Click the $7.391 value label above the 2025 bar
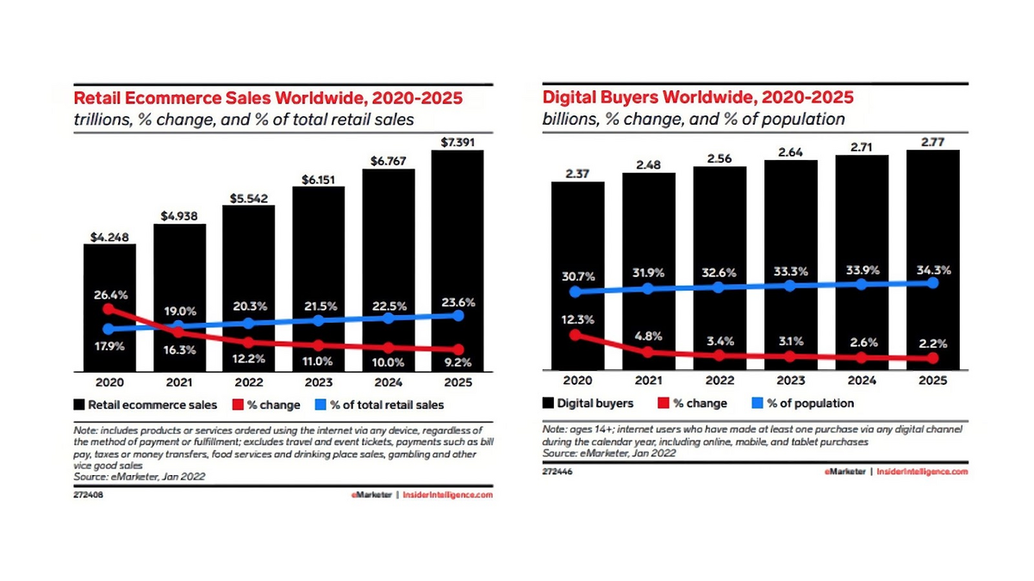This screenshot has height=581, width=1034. click(458, 140)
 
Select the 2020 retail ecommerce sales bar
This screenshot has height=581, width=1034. click(109, 275)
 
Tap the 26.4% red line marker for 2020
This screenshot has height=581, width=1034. click(109, 308)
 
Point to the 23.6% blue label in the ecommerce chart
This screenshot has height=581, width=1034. click(458, 302)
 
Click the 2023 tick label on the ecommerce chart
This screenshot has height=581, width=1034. click(318, 382)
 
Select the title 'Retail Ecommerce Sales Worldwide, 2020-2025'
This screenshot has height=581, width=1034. click(269, 98)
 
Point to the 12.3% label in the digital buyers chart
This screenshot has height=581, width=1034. click(577, 320)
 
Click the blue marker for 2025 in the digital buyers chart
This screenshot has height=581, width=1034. click(935, 282)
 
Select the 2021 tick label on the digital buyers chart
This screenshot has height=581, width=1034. click(649, 381)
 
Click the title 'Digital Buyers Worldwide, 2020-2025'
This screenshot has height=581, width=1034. click(698, 97)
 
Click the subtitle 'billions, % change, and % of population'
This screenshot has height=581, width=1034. click(693, 119)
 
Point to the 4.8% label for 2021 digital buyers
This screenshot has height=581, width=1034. click(649, 337)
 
